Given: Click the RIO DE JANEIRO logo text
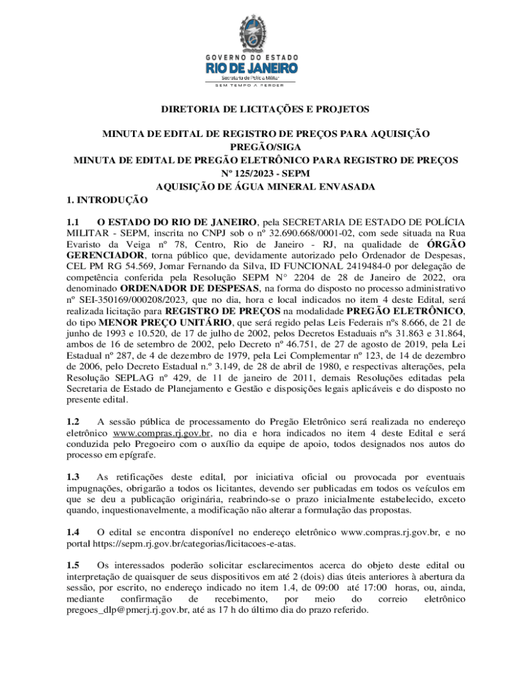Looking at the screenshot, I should click(252, 68).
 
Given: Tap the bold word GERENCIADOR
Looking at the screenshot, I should click(104, 255).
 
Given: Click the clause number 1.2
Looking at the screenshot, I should click(73, 421).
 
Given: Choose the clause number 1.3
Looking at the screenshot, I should click(73, 477).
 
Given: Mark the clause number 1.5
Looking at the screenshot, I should click(73, 565).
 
